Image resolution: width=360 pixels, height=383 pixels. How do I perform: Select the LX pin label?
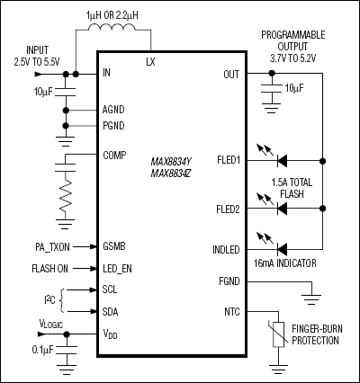(x=150, y=63)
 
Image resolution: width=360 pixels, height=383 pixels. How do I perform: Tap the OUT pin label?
(x=230, y=75)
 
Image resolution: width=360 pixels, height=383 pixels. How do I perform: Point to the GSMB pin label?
(x=115, y=245)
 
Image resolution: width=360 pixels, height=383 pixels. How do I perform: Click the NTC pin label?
(x=231, y=312)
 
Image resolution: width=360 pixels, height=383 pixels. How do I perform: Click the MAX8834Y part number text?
(x=171, y=162)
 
